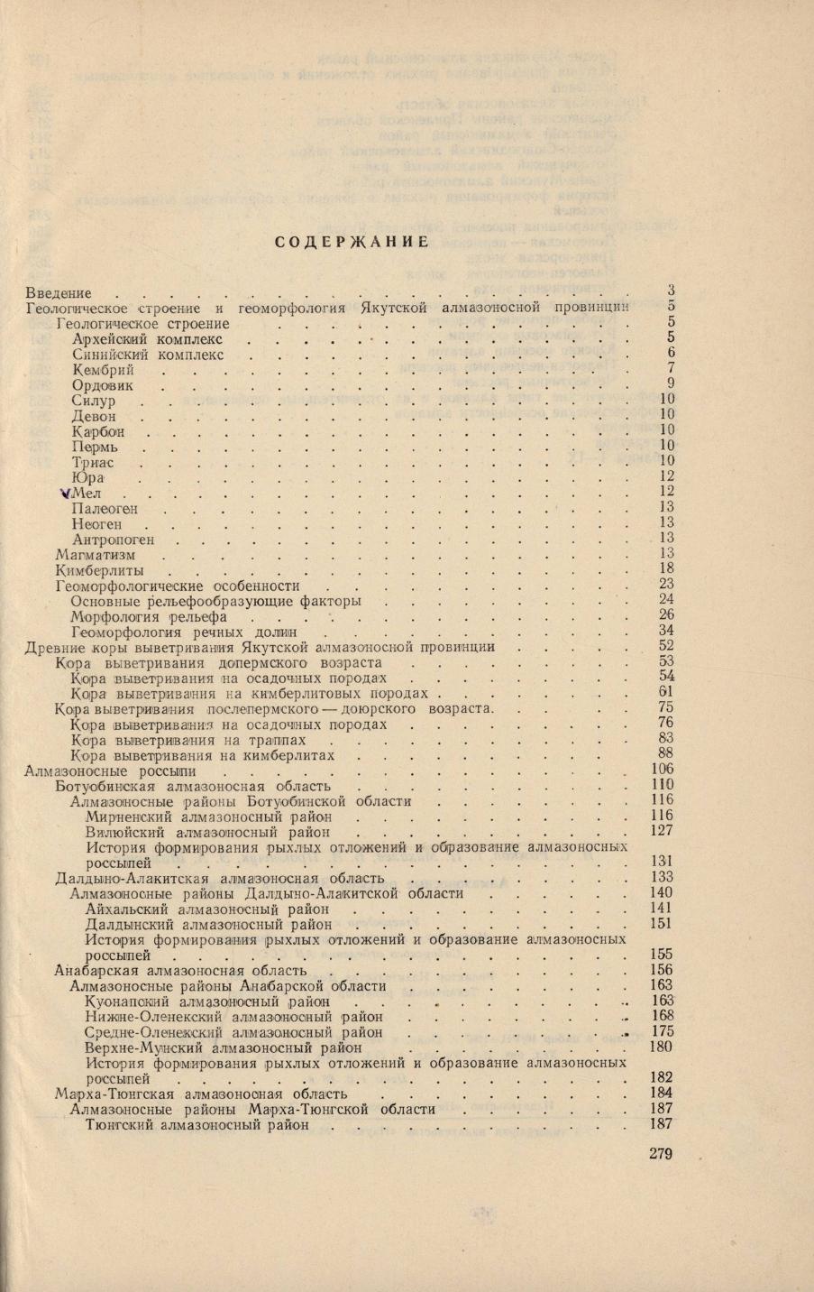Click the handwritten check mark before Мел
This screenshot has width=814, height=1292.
[62, 493]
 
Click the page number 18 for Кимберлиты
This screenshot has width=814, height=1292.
[667, 568]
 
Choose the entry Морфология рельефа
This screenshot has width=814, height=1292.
[148, 617]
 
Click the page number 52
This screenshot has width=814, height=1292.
[667, 646]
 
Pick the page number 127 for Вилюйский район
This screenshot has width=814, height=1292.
[663, 831]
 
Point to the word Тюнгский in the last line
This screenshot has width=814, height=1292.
[117, 1126]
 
